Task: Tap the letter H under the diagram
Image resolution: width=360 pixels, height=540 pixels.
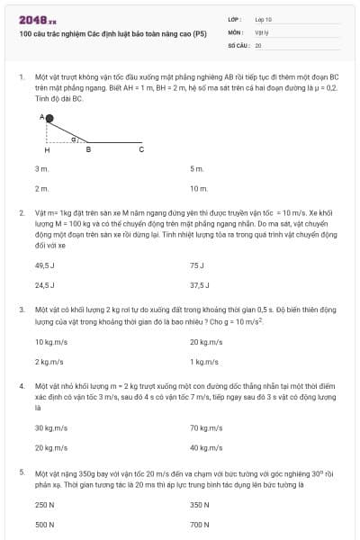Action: pos(47,149)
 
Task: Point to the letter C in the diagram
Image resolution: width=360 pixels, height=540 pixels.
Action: pos(141,149)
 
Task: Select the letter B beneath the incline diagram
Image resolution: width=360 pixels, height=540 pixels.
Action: pos(88,149)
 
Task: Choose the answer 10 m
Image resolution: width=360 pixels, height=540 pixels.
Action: pos(199,188)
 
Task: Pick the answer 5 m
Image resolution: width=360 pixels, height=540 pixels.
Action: pos(196,168)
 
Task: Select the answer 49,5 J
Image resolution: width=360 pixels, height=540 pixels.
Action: pos(45,265)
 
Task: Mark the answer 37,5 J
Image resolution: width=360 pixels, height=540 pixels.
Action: pos(200,284)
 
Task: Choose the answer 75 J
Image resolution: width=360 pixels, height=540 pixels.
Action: pos(197,265)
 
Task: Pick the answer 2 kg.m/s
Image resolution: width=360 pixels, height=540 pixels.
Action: pos(49,361)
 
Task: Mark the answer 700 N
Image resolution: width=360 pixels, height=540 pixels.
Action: pos(199,524)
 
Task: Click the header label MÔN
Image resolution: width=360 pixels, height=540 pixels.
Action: pos(237,31)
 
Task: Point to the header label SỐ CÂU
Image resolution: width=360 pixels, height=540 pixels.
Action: pos(238,43)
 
